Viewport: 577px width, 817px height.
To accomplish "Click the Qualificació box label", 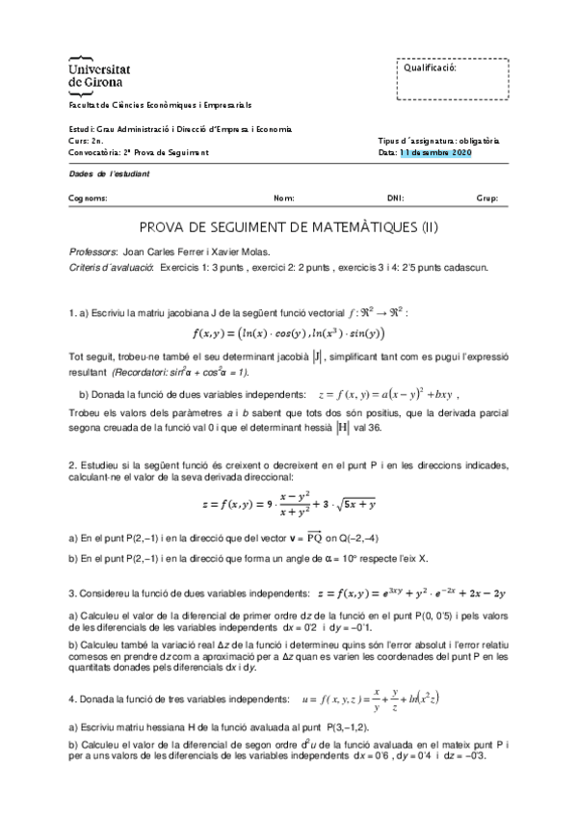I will pyautogui.click(x=430, y=68).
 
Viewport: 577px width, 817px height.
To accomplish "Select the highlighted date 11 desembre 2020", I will pyautogui.click(x=435, y=152).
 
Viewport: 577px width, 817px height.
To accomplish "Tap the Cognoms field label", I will pyautogui.click(x=89, y=198).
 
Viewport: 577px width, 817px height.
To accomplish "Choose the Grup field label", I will pyautogui.click(x=486, y=198).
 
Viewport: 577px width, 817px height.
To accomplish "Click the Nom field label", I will pyautogui.click(x=284, y=198).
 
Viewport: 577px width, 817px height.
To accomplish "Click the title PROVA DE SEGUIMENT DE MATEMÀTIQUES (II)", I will pyautogui.click(x=289, y=228).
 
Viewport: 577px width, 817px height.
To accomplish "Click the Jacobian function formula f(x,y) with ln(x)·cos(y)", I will pyautogui.click(x=288, y=333).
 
